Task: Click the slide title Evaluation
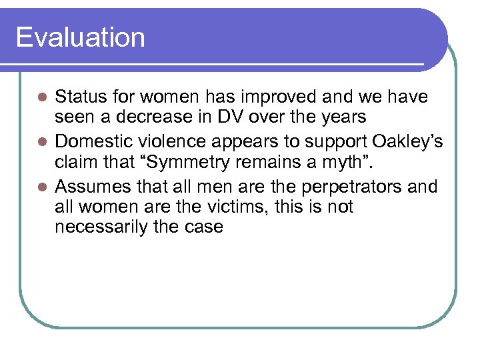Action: (x=80, y=37)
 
